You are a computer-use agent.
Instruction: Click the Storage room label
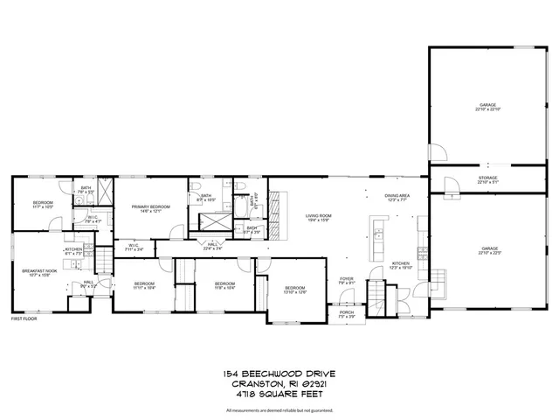487,180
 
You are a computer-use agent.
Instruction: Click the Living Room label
317,217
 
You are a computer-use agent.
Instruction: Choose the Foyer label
347,281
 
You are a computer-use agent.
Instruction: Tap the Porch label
347,314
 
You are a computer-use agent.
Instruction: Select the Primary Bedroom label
150,208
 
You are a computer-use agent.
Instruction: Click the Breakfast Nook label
38,273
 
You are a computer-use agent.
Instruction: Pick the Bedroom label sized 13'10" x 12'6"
294,290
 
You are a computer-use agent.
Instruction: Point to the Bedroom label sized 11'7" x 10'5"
43,205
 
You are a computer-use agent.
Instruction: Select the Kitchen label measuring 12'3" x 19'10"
400,265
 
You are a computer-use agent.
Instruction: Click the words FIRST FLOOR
24,318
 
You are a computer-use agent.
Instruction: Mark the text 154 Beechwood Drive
279,374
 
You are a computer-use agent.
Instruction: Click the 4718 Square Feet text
279,394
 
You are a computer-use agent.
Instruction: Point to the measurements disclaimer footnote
279,409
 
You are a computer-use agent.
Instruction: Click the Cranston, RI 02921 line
279,384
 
